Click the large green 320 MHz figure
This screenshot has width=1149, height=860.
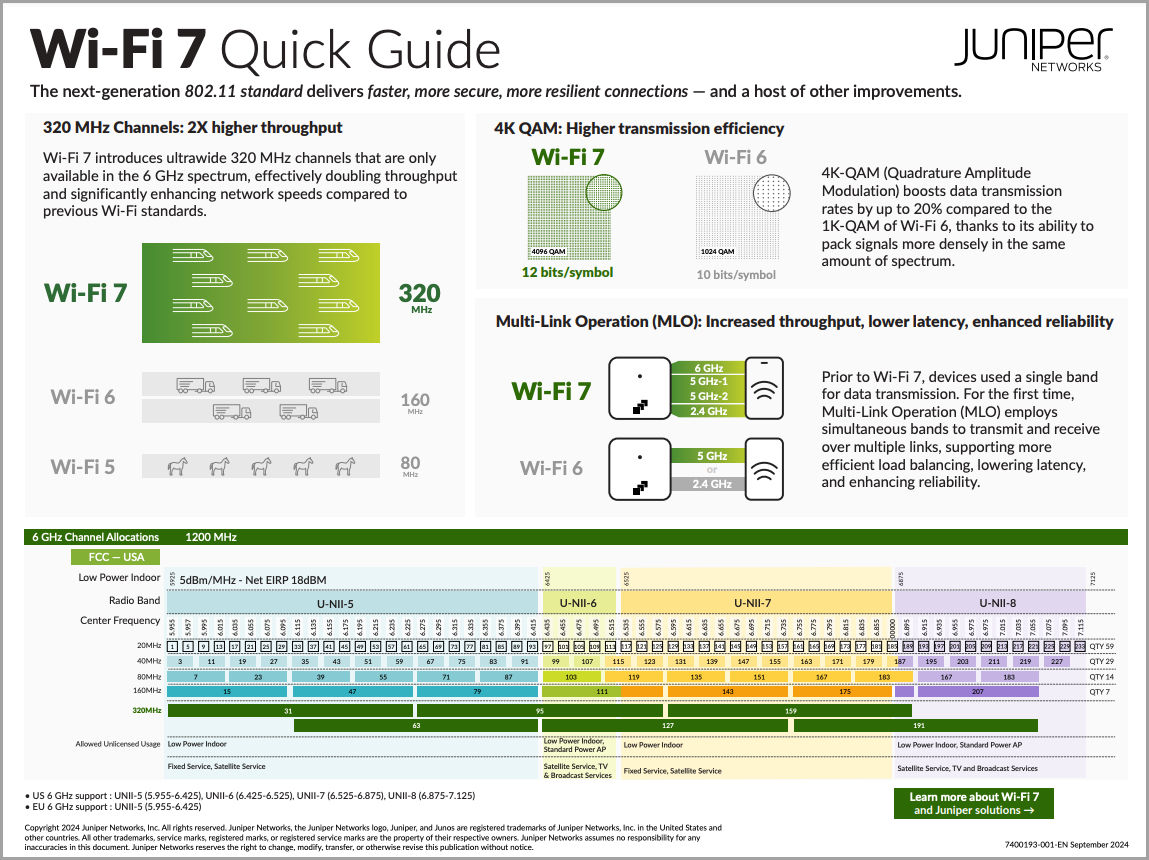click(x=420, y=293)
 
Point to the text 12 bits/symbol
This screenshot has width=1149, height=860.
click(x=567, y=272)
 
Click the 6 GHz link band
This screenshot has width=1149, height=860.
click(x=708, y=368)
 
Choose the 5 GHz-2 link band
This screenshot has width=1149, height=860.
click(x=708, y=396)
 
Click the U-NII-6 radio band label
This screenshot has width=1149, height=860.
click(x=578, y=602)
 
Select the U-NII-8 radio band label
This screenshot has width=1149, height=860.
click(x=997, y=602)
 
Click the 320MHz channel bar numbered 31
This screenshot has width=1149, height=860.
click(x=288, y=711)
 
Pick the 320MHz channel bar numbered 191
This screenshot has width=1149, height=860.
click(x=917, y=726)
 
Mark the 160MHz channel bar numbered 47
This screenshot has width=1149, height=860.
click(x=352, y=691)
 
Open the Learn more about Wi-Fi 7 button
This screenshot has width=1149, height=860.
click(x=974, y=803)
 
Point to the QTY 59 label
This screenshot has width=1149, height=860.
click(x=1102, y=646)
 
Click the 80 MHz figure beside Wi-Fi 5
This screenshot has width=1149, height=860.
click(x=410, y=465)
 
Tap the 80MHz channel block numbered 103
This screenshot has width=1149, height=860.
click(x=571, y=676)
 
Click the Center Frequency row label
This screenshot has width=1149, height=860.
click(x=120, y=621)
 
